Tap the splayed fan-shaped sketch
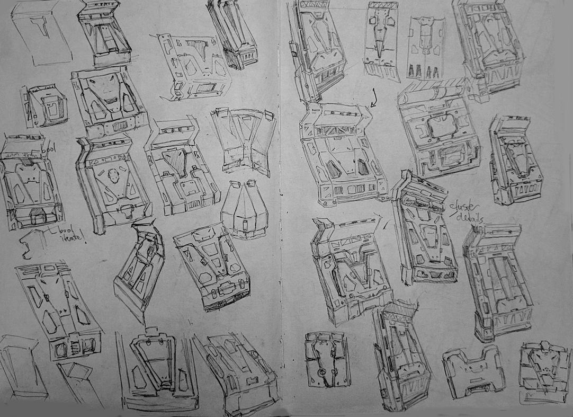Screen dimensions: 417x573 coord(244,140)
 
